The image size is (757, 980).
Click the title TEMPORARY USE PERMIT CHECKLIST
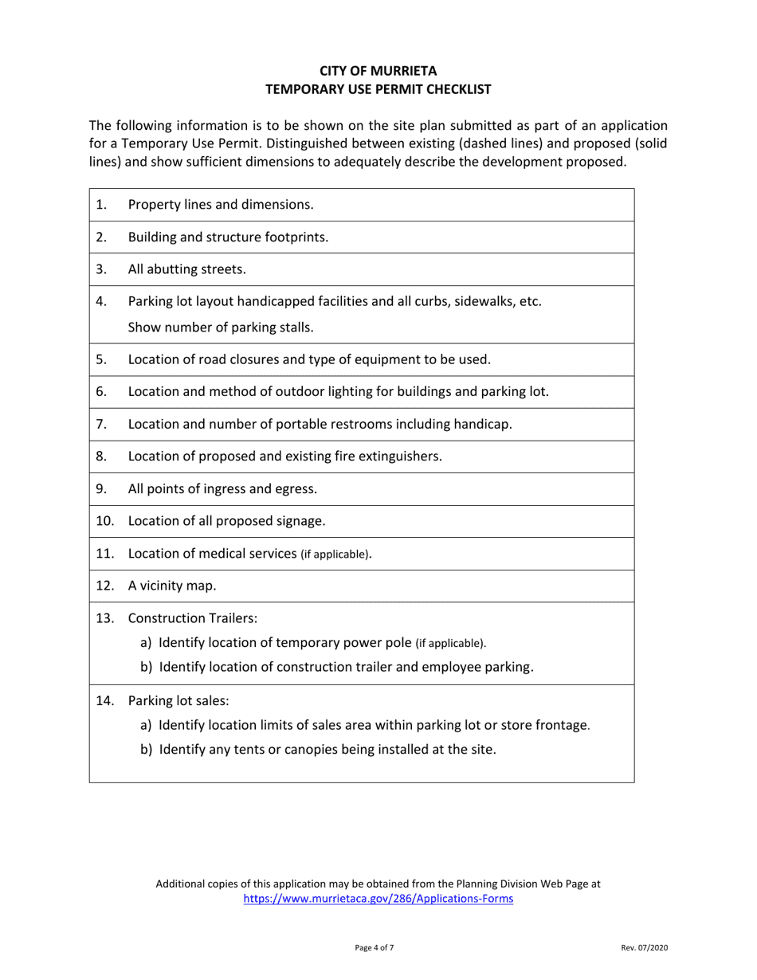(378, 90)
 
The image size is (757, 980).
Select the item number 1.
(100, 204)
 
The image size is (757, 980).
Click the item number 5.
(100, 359)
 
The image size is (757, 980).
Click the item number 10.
(104, 522)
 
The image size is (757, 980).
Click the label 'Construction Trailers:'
(188, 620)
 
